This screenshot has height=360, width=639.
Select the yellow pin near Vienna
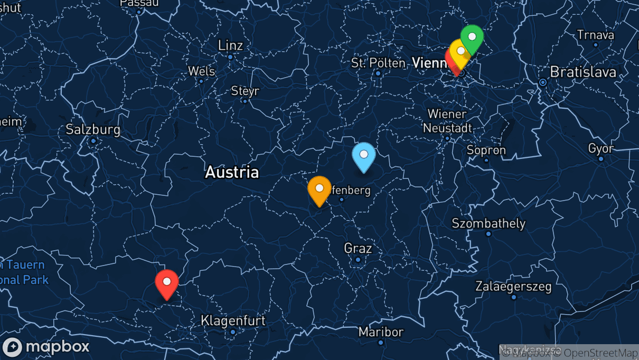click(x=461, y=52)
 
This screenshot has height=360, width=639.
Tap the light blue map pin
click(x=364, y=155)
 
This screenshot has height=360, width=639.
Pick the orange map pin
click(x=319, y=189)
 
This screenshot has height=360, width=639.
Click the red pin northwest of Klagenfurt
click(x=167, y=282)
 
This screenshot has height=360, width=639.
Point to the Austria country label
click(x=232, y=172)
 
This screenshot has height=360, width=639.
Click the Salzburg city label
click(x=93, y=129)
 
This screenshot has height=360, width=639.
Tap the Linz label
click(x=230, y=45)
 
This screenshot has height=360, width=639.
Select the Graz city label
click(x=358, y=248)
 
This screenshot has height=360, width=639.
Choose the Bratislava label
click(x=583, y=72)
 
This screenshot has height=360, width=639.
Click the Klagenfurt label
click(x=233, y=320)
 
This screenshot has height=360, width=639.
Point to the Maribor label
click(x=381, y=332)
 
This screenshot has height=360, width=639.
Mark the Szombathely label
click(x=488, y=223)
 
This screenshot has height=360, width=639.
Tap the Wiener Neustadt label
click(x=447, y=121)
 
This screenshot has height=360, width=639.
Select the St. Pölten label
click(x=378, y=63)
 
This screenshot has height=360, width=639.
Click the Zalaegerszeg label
click(x=513, y=287)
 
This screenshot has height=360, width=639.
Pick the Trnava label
click(x=596, y=35)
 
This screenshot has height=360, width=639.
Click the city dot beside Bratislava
click(x=542, y=82)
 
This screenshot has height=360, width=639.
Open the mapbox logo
click(x=46, y=347)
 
